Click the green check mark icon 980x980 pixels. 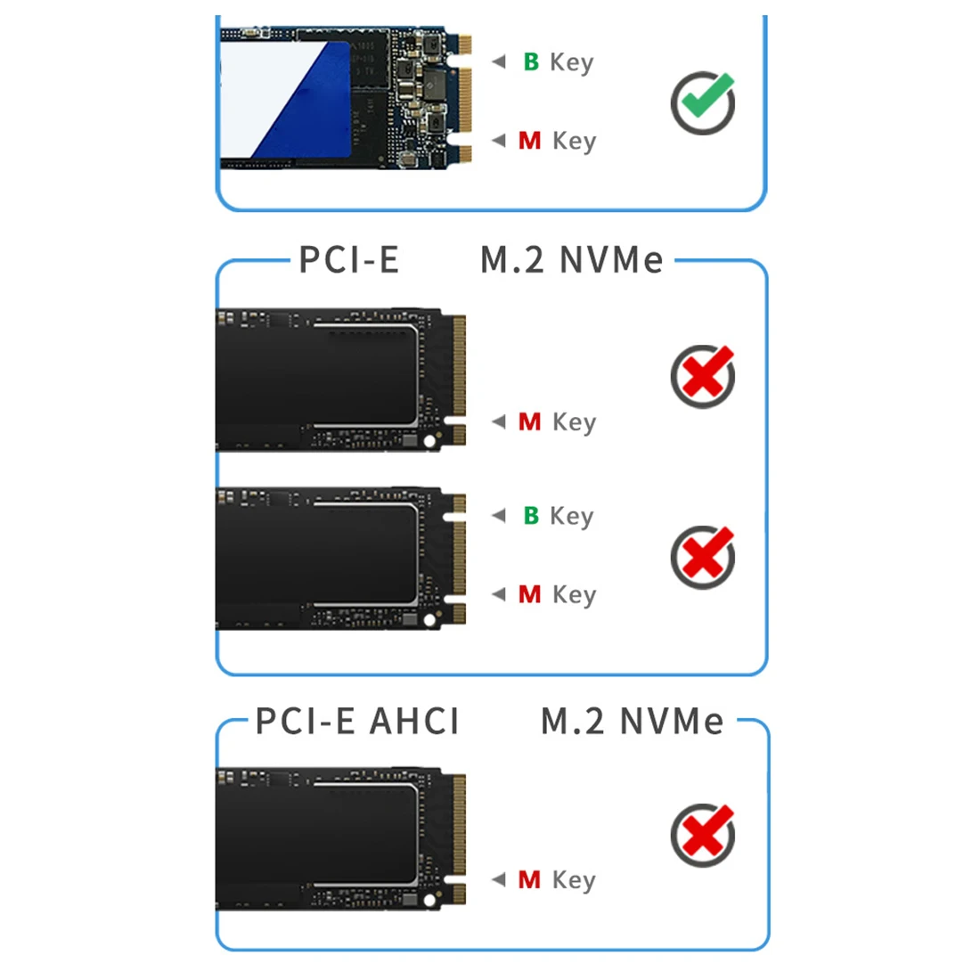[704, 102]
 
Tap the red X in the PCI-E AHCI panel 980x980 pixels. [704, 835]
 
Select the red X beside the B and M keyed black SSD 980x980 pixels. [704, 557]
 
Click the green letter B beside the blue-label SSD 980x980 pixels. [531, 61]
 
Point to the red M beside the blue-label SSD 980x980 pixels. [529, 141]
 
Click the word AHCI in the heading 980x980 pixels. [414, 721]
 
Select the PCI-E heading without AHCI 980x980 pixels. [348, 260]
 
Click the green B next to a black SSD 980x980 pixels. [531, 515]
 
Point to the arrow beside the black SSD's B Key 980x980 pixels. [499, 515]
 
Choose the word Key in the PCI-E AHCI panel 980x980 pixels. [574, 880]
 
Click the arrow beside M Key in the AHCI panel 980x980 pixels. [499, 880]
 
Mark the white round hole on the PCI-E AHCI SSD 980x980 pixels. [429, 900]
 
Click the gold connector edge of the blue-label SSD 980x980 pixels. [463, 98]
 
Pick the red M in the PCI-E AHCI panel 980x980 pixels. [529, 880]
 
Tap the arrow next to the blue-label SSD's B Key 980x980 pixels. [499, 61]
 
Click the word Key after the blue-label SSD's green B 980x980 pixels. [572, 62]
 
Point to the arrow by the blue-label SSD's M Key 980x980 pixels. [499, 141]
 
